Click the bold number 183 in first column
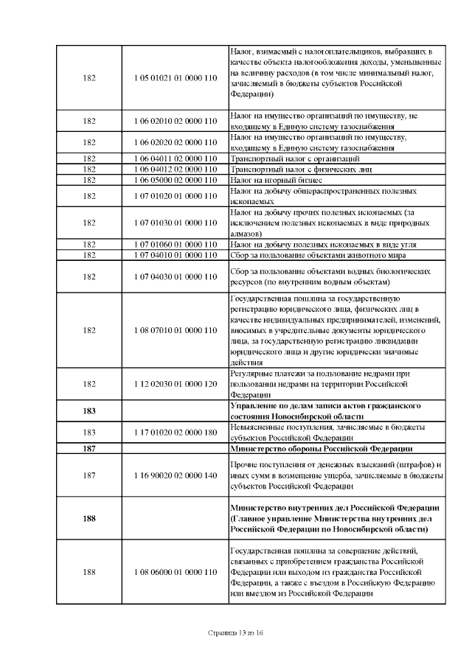point(89,411)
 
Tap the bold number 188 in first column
point(89,519)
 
